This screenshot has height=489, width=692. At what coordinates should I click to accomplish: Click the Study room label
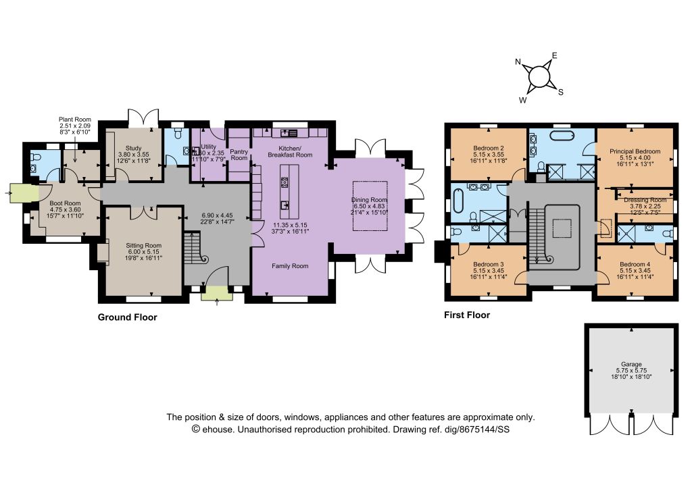133,149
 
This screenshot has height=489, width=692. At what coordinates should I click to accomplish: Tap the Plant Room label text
75,120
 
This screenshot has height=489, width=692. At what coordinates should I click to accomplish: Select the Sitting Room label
143,246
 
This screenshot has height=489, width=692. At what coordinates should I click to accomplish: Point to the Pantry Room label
239,155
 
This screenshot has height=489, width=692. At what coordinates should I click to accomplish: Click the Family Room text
290,266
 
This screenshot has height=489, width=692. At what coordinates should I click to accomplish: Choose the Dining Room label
370,200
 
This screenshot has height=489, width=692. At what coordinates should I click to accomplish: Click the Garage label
631,364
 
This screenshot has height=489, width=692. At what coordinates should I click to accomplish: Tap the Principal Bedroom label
635,151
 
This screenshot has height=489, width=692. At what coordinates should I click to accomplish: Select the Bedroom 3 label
488,265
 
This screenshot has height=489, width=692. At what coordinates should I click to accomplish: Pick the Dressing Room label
645,200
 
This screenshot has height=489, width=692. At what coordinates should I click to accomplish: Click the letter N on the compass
518,61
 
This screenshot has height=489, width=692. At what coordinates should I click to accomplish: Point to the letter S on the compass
561,92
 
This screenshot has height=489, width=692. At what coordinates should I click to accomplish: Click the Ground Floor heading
128,317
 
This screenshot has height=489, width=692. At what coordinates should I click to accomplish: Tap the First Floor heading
467,315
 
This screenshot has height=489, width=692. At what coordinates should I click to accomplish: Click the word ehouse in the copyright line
218,429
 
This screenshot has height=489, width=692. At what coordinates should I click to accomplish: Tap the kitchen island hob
285,182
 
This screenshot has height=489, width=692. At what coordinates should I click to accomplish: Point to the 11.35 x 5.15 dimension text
290,225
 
